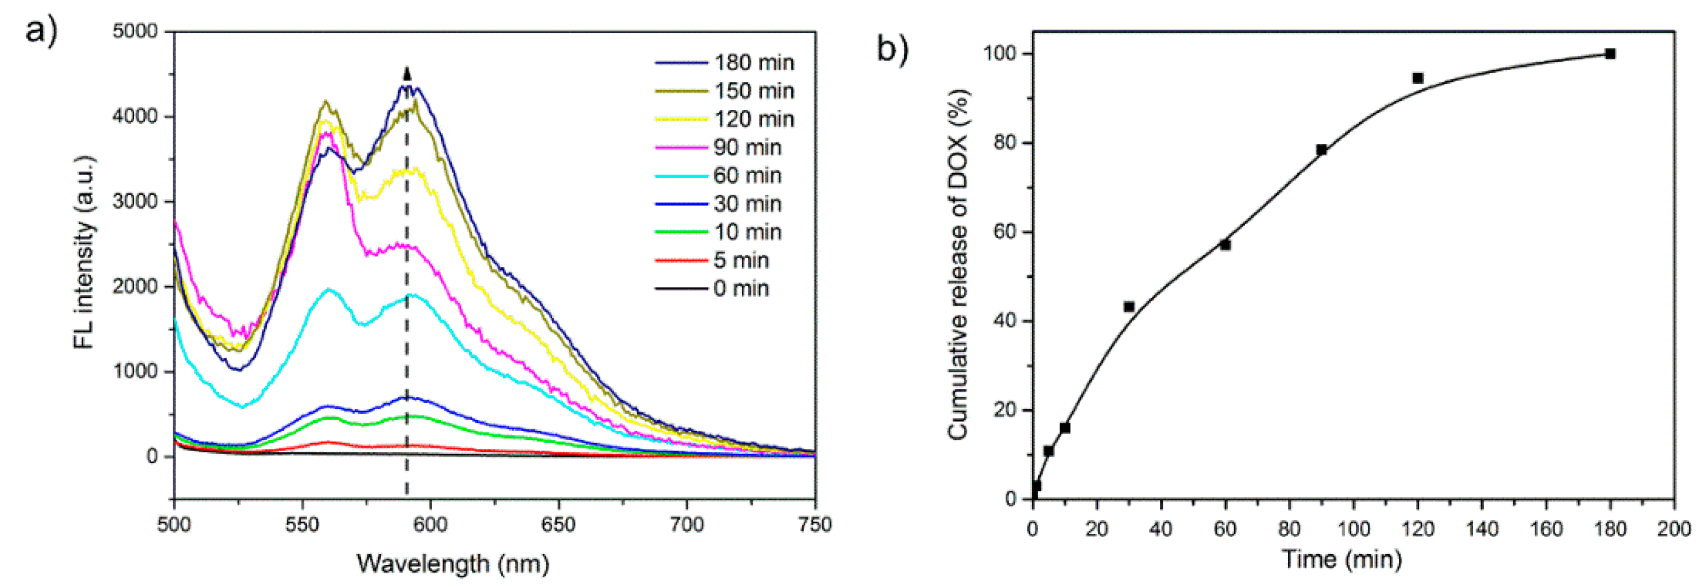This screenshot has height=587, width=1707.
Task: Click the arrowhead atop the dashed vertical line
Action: [x=407, y=73]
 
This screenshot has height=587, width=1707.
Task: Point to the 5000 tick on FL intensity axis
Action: [x=135, y=31]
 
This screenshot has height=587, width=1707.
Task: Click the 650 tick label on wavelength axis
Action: [x=558, y=525]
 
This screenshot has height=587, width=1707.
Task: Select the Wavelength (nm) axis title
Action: [x=453, y=564]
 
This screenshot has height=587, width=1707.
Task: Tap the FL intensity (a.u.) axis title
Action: [x=84, y=252]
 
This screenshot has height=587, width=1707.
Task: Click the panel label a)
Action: [x=41, y=31]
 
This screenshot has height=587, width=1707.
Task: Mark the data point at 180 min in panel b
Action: [x=1610, y=54]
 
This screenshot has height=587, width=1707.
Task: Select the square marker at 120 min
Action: [x=1418, y=78]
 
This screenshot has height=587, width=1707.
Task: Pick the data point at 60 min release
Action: [x=1225, y=245]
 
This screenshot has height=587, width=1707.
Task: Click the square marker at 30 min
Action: [x=1129, y=307]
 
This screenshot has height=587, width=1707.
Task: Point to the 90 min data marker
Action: [x=1321, y=150]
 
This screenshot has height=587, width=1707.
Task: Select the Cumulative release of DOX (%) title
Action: [x=958, y=265]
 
